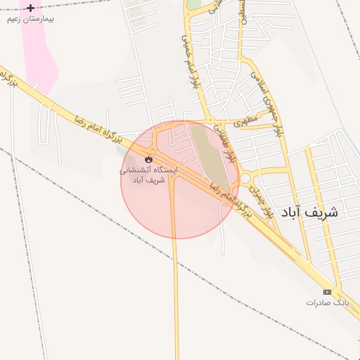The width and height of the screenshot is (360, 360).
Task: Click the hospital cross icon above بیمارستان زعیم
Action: (30, 8)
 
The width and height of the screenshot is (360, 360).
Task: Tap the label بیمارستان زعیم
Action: (30, 19)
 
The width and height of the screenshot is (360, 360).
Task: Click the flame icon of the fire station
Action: (148, 158)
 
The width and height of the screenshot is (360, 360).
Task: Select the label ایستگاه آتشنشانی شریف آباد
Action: (148, 174)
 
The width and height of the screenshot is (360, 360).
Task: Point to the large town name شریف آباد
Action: (309, 212)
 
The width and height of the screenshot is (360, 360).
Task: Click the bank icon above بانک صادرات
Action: (327, 292)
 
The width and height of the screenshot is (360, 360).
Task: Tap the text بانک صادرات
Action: (327, 302)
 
